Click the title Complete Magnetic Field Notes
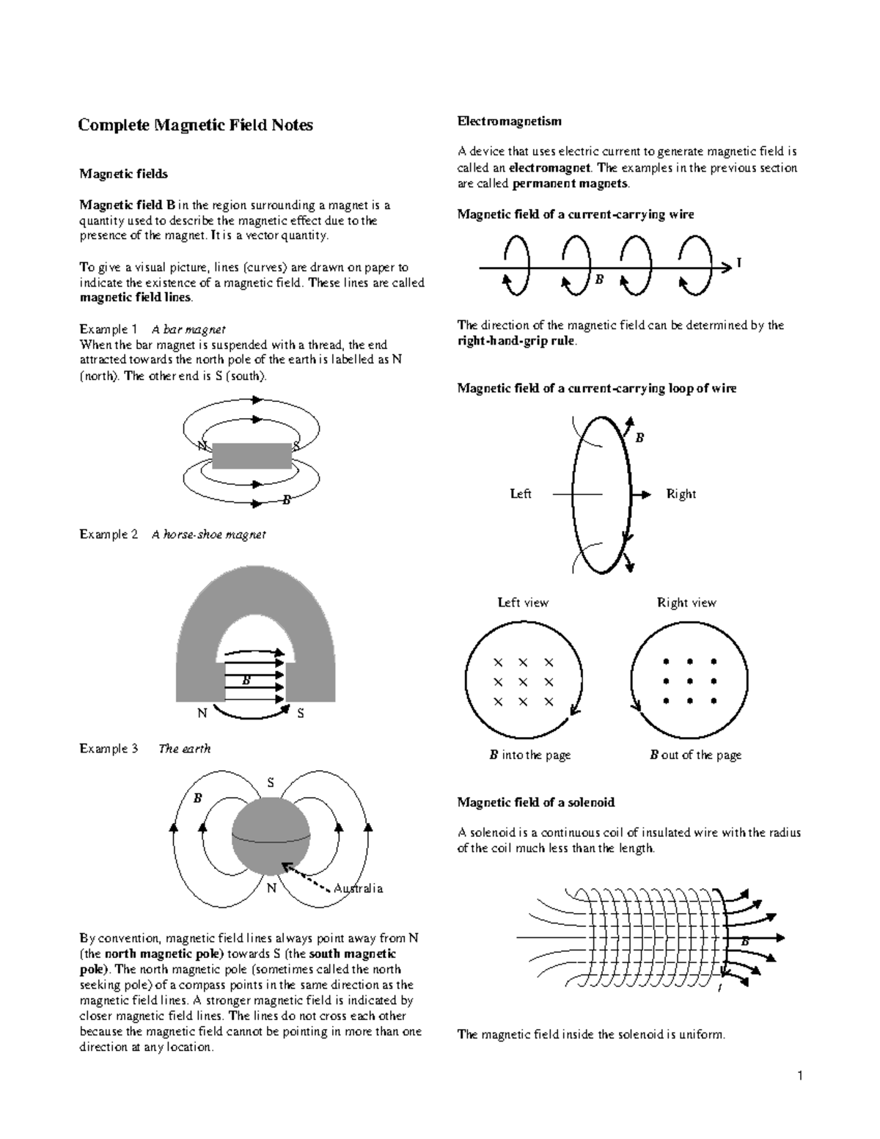click(x=196, y=125)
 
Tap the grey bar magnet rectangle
click(x=252, y=455)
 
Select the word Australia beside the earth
click(x=358, y=888)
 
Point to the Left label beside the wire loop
click(x=521, y=494)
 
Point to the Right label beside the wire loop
click(x=681, y=494)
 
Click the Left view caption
click(x=523, y=603)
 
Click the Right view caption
click(x=686, y=603)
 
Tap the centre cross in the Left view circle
click(x=523, y=683)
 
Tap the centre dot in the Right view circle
click(x=689, y=682)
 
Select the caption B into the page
click(x=529, y=755)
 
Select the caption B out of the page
click(x=695, y=755)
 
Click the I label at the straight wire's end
click(x=738, y=263)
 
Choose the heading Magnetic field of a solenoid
click(x=535, y=802)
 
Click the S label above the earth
click(x=270, y=783)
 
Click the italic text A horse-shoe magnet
click(x=208, y=535)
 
